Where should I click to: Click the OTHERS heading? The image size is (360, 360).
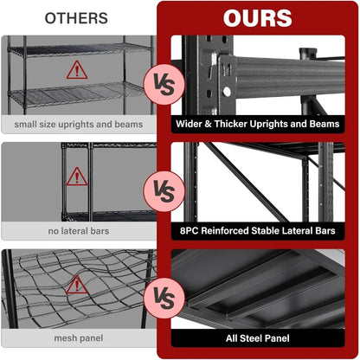(76, 17)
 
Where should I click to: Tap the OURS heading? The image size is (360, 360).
(257, 18)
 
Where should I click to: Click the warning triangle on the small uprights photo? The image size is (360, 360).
(78, 68)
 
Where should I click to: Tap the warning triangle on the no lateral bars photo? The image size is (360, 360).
(78, 177)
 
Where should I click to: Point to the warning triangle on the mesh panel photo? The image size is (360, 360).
(78, 284)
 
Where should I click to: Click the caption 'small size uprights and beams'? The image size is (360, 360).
(78, 124)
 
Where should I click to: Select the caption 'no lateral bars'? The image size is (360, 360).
(78, 231)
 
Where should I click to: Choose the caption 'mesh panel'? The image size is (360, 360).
(78, 338)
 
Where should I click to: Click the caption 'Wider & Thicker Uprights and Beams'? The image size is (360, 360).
(258, 124)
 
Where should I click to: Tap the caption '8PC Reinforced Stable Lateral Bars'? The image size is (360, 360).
(258, 231)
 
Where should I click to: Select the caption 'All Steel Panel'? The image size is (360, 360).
(258, 338)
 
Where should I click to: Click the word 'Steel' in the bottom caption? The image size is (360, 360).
(258, 338)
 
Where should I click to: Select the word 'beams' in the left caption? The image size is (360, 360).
(127, 124)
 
